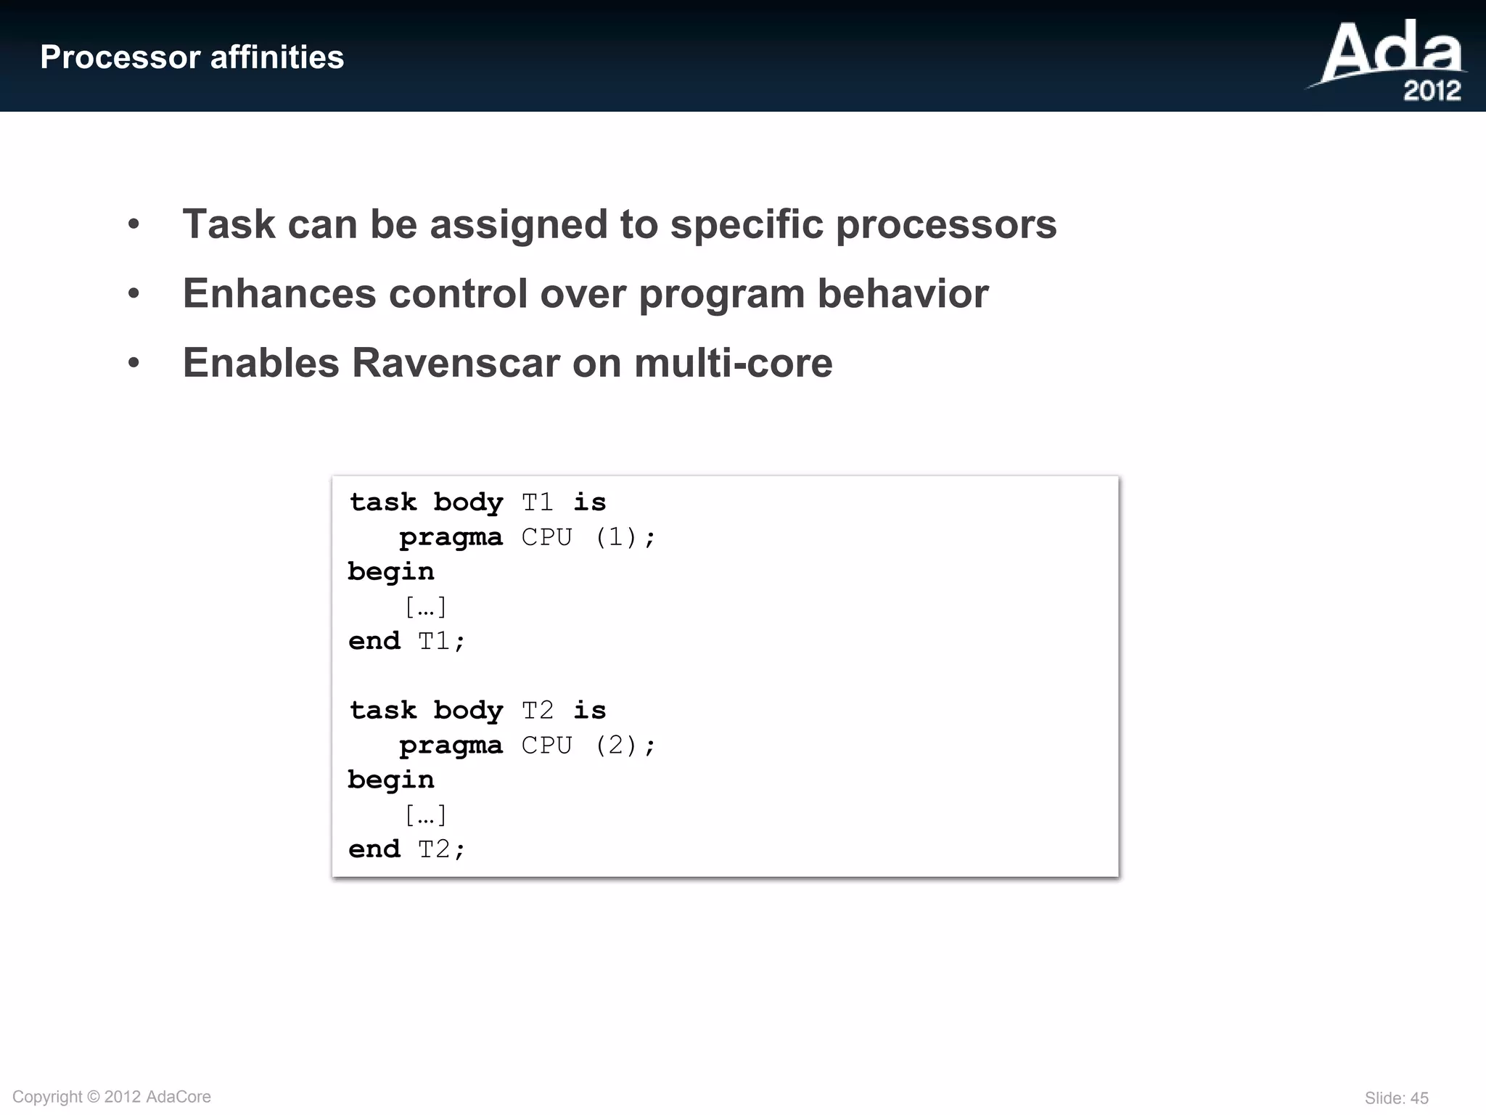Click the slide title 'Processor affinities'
click(x=192, y=57)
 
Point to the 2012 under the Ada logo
click(x=1432, y=91)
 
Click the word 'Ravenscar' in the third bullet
click(x=456, y=363)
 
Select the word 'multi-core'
click(x=733, y=363)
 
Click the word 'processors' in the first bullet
click(x=946, y=224)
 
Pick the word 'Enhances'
click(x=279, y=294)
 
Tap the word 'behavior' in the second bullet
click(x=903, y=294)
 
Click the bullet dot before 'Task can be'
click(x=134, y=224)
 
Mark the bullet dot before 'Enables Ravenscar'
click(x=134, y=363)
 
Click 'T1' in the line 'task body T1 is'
click(x=538, y=502)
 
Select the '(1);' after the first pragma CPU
click(x=625, y=537)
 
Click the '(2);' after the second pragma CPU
click(x=625, y=746)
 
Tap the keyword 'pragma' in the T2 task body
click(x=451, y=746)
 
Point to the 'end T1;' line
click(x=406, y=641)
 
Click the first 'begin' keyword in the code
click(x=391, y=572)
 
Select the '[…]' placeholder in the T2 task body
click(x=425, y=815)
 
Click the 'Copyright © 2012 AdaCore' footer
click(x=112, y=1097)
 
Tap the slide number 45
click(x=1419, y=1098)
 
